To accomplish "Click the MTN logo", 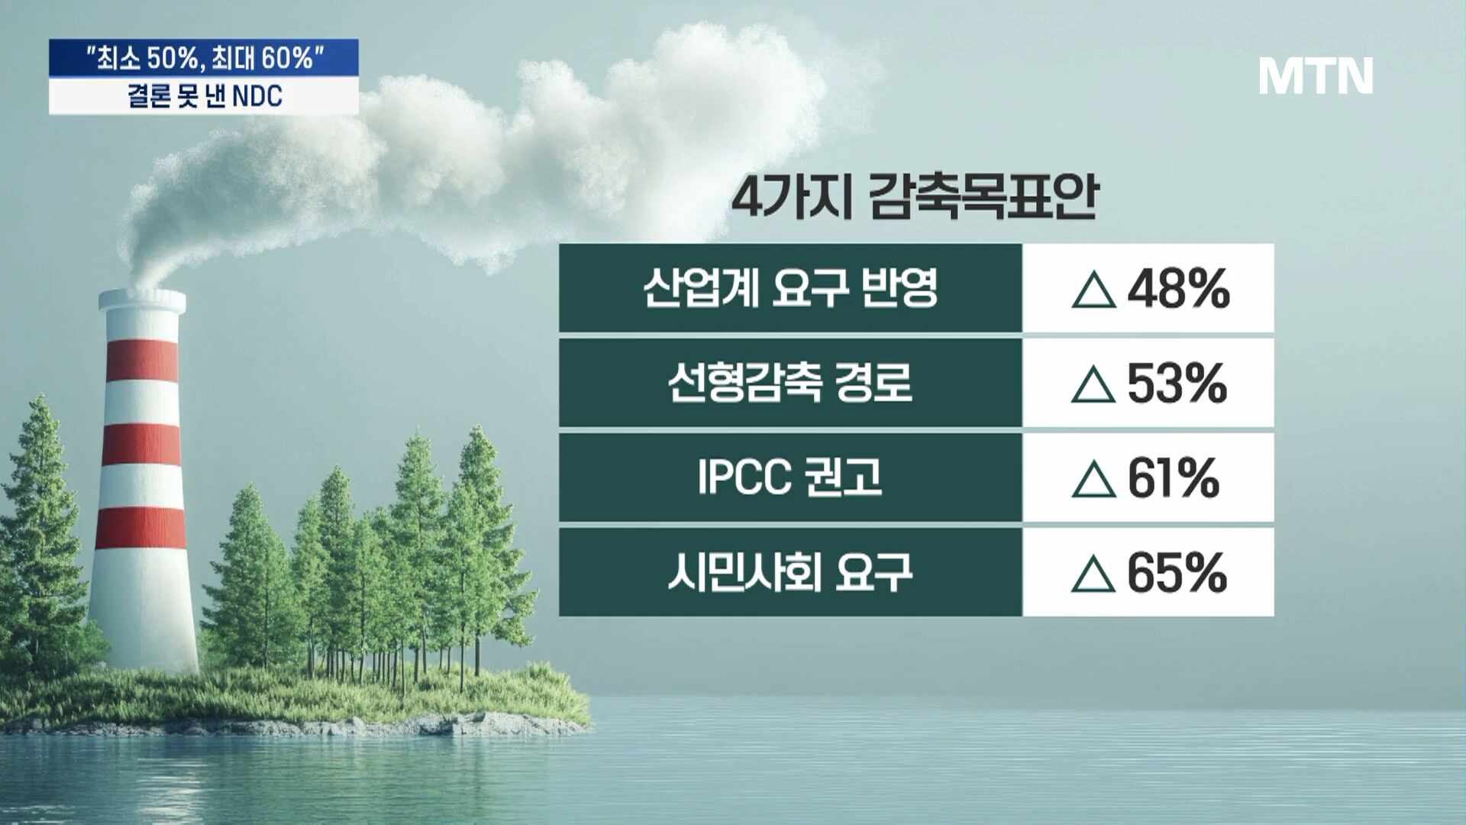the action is pyautogui.click(x=1316, y=76).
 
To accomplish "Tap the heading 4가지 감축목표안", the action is pyautogui.click(x=915, y=196).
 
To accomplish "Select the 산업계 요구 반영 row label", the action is pyautogui.click(x=790, y=288).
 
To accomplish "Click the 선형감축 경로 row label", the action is pyautogui.click(x=790, y=382).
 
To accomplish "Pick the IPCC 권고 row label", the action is pyautogui.click(x=790, y=477).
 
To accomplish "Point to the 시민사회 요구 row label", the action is pyautogui.click(x=790, y=571).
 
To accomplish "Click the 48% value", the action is pyautogui.click(x=1179, y=289).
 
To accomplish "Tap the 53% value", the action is pyautogui.click(x=1177, y=383).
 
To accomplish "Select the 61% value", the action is pyautogui.click(x=1174, y=478).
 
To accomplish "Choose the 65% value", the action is pyautogui.click(x=1177, y=573).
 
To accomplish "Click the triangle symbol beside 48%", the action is pyautogui.click(x=1093, y=291).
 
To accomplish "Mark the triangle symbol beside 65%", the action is pyautogui.click(x=1093, y=574).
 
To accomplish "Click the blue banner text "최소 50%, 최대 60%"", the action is pyautogui.click(x=205, y=58).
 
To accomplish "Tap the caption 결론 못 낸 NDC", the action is pyautogui.click(x=205, y=96).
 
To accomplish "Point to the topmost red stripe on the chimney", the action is pyautogui.click(x=142, y=360).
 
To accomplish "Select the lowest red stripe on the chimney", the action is pyautogui.click(x=141, y=527).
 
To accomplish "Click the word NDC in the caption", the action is pyautogui.click(x=257, y=96).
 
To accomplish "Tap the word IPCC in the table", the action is pyautogui.click(x=744, y=477).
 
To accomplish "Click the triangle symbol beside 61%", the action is pyautogui.click(x=1093, y=480).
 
